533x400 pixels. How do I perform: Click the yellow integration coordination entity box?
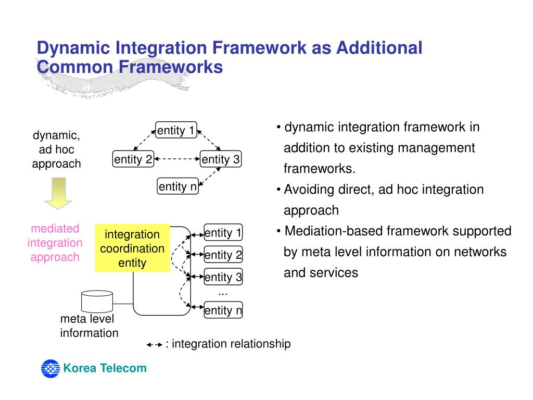[x=132, y=248]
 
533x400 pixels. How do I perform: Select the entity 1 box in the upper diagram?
[x=176, y=130]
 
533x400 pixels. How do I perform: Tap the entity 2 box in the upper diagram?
[x=133, y=159]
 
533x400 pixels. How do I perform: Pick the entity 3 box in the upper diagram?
[x=221, y=159]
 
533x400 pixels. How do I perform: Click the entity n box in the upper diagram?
[x=178, y=186]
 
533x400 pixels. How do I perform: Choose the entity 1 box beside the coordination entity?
[x=223, y=233]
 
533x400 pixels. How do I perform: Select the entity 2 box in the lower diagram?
[x=223, y=254]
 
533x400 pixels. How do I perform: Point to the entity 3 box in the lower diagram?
[x=223, y=277]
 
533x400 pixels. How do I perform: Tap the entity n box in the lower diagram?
[x=223, y=310]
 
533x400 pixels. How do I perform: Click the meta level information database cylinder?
[x=97, y=302]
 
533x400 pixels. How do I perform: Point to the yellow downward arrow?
[x=58, y=193]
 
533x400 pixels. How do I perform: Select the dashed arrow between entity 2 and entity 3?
[x=177, y=159]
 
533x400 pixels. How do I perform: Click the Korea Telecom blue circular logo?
[x=50, y=369]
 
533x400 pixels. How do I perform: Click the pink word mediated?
[x=55, y=228]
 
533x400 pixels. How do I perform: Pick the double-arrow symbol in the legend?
[x=155, y=345]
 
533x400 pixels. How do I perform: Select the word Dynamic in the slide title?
[x=74, y=48]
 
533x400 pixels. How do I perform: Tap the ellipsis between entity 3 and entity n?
[x=223, y=294]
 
